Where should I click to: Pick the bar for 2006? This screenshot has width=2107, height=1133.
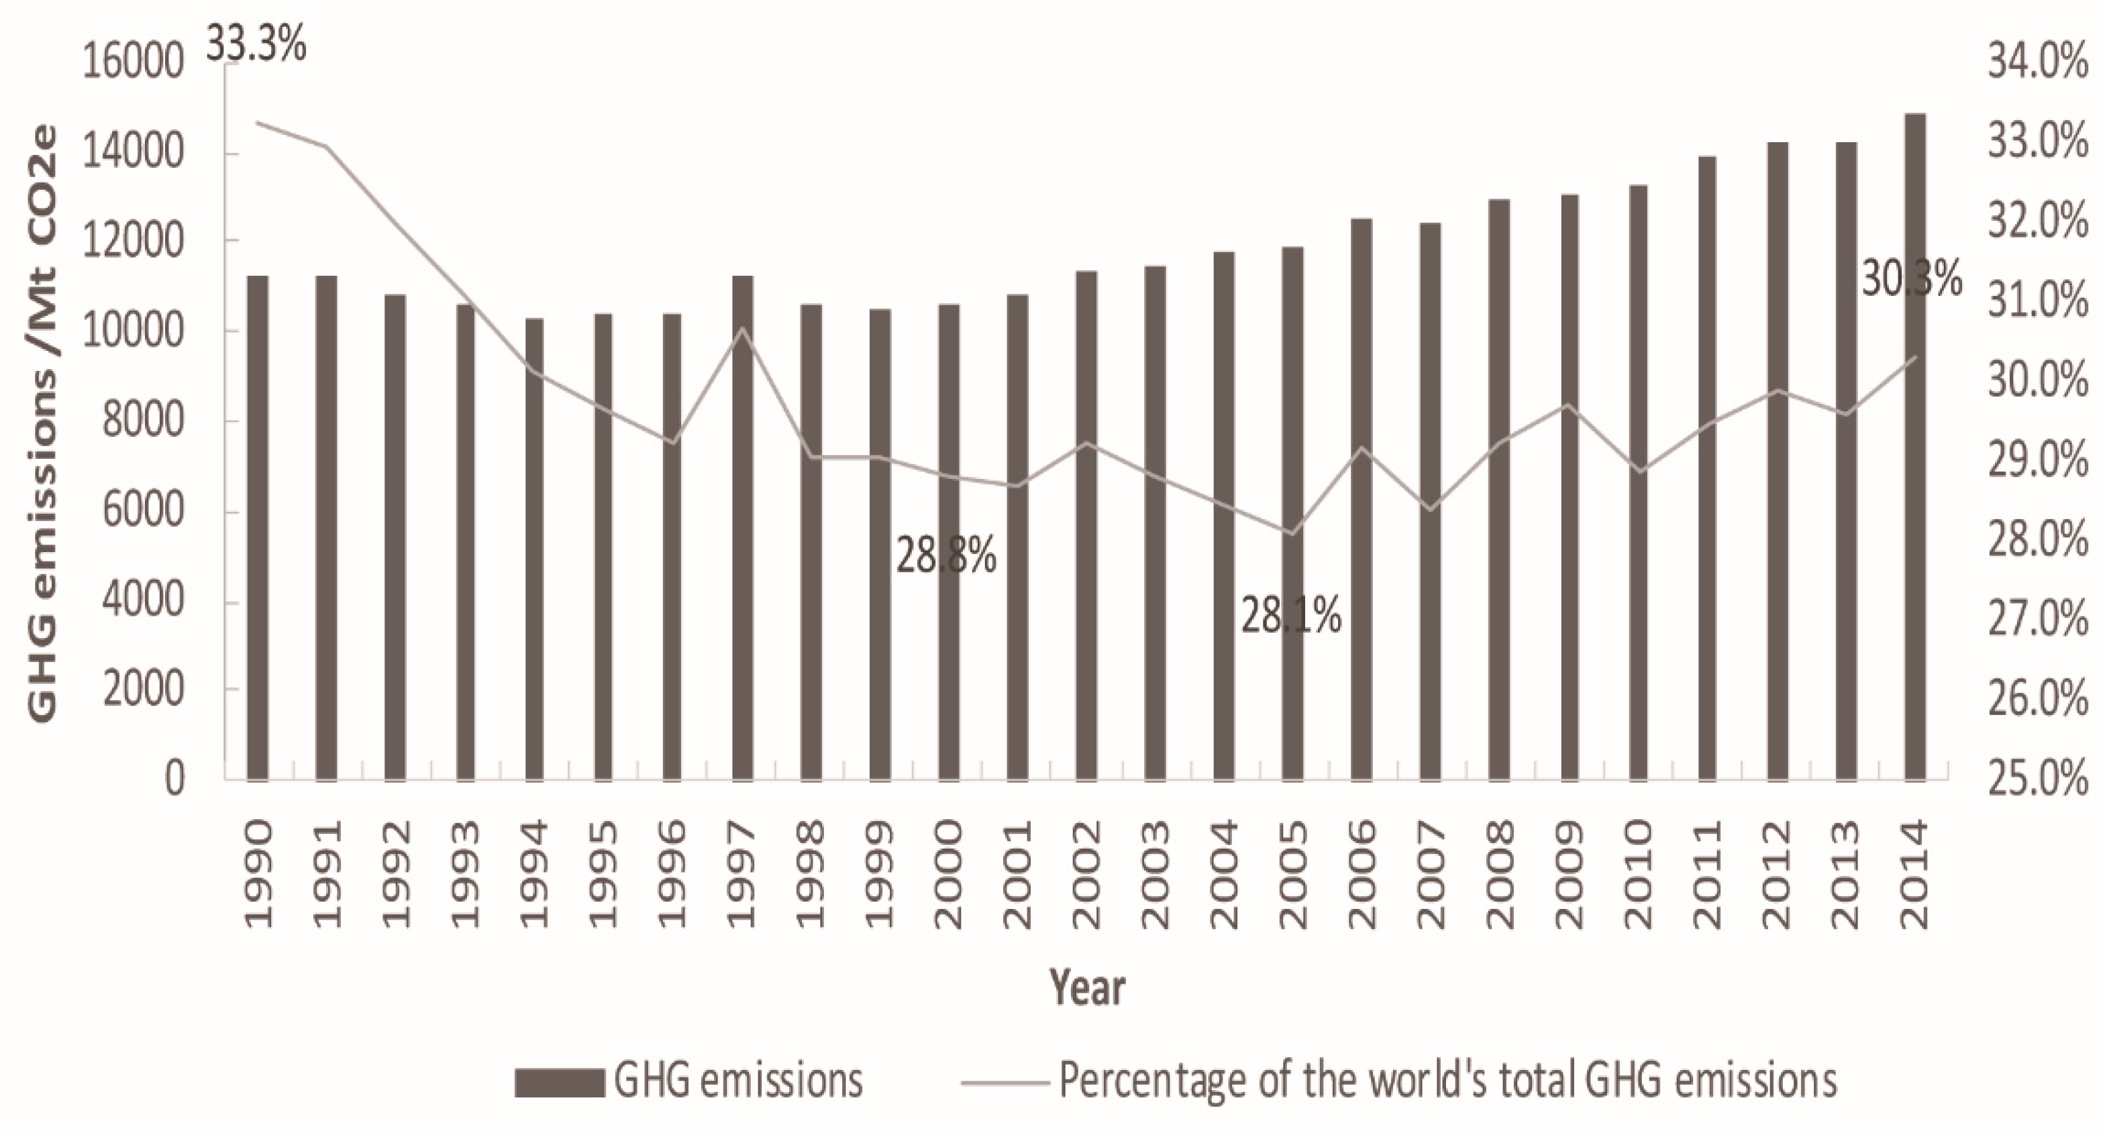1361,498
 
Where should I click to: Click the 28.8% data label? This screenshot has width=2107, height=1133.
946,556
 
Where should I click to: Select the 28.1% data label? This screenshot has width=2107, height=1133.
1290,616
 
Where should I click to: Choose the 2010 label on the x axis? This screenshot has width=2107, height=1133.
1637,875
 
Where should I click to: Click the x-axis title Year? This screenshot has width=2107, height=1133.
1087,987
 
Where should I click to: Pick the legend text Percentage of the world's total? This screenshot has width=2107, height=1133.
1448,1081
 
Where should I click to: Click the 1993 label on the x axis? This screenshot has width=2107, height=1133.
464,875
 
